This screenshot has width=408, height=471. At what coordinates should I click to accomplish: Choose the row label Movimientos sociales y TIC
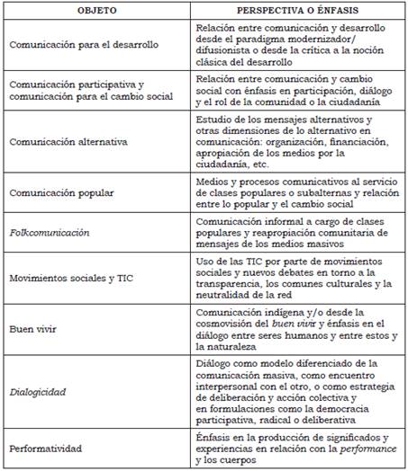69,279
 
